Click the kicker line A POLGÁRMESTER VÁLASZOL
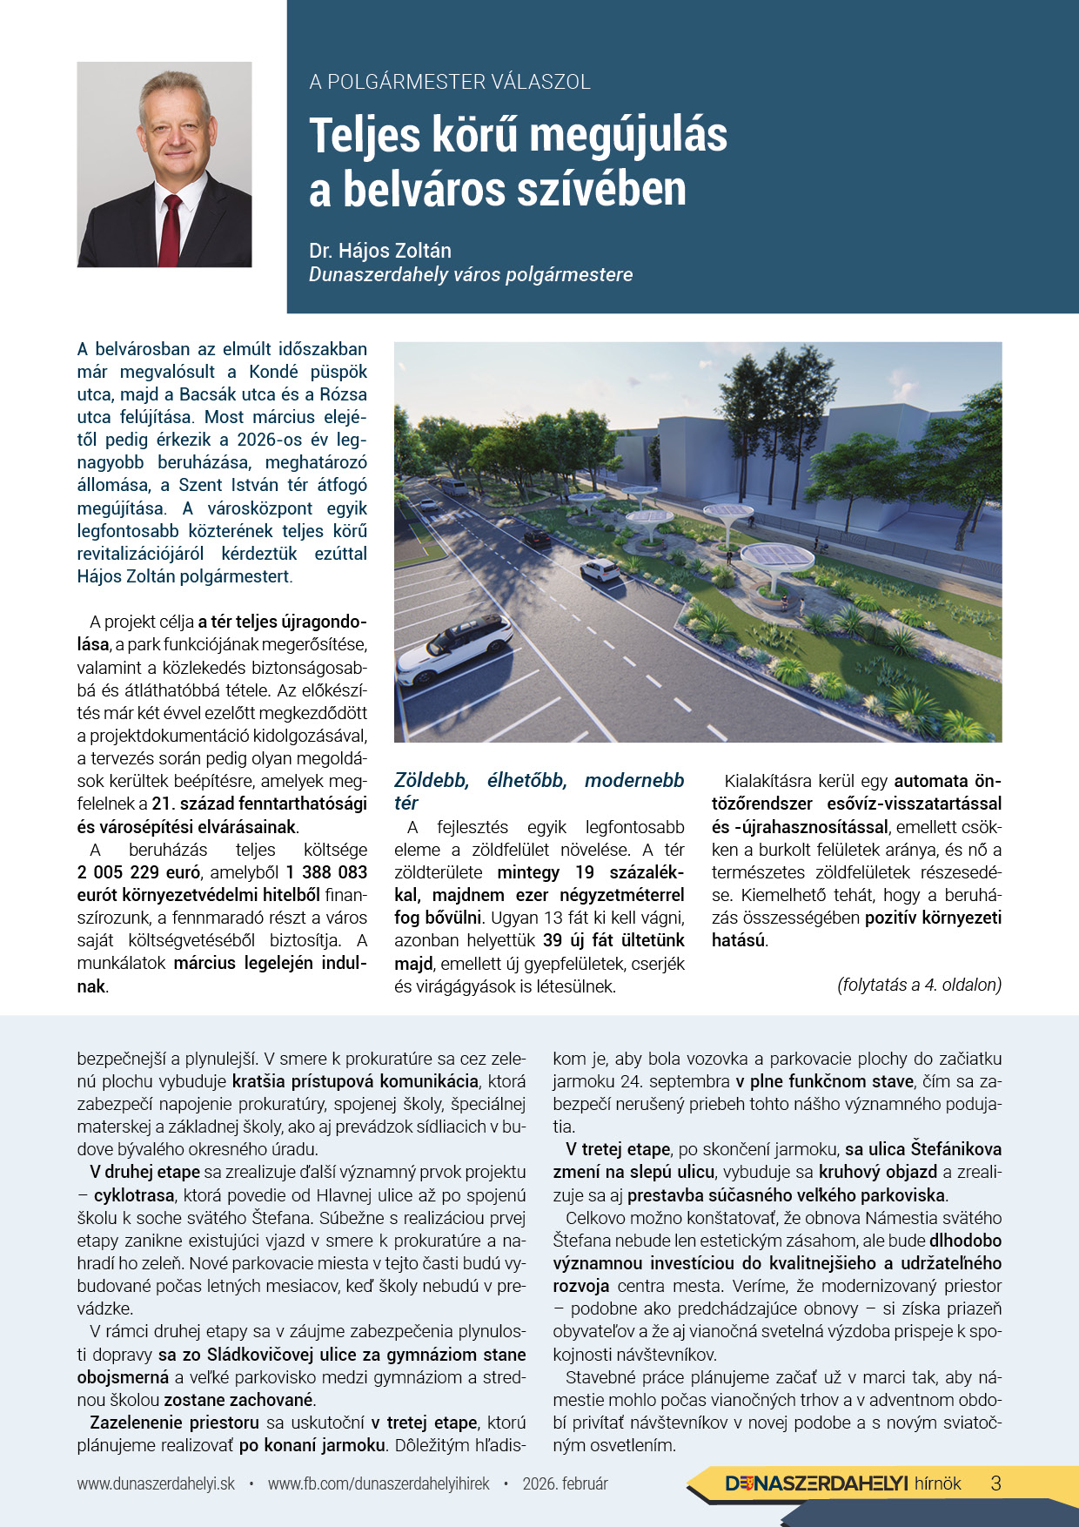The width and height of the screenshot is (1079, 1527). [x=450, y=82]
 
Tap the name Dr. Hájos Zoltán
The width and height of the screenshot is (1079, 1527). [x=380, y=251]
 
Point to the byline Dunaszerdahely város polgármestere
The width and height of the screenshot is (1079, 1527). [x=471, y=275]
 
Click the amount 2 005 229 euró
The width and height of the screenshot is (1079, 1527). [x=139, y=873]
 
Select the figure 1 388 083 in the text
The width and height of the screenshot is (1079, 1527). [x=326, y=873]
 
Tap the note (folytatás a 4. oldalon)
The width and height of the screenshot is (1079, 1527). [x=919, y=985]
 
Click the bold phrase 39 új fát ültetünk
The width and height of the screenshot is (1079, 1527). [x=613, y=941]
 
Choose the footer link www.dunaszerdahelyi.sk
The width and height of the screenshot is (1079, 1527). [x=156, y=1483]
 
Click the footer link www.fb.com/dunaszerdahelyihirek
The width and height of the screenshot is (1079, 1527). [x=379, y=1483]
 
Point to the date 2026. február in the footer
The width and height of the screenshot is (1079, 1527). [x=565, y=1483]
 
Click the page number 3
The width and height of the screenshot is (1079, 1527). [x=996, y=1483]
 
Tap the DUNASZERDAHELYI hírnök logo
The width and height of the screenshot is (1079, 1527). [x=842, y=1483]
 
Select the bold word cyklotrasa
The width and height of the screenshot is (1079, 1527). [x=134, y=1195]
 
